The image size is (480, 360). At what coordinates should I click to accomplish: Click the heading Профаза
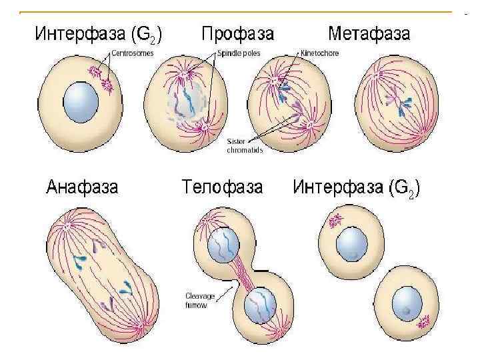[x=237, y=33]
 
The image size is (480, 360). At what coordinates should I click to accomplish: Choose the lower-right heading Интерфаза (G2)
[x=356, y=187]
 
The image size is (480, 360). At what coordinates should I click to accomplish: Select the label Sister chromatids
[x=244, y=147]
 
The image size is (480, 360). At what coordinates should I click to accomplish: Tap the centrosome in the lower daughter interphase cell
[x=423, y=323]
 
